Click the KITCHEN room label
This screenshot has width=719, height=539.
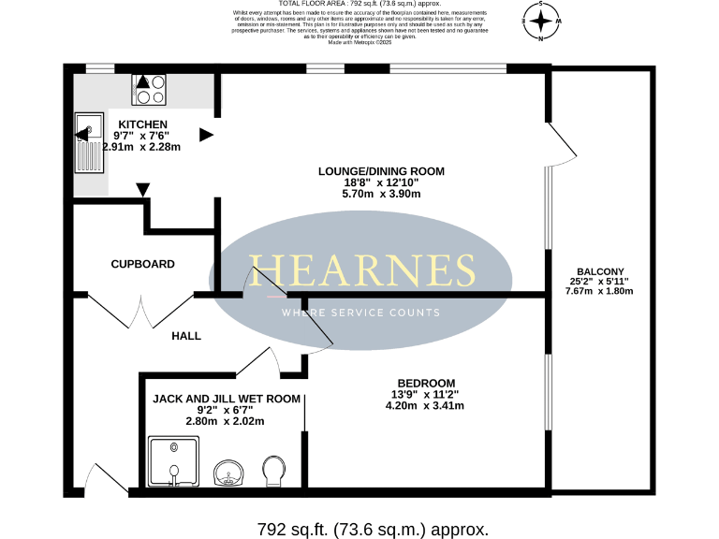click(142, 124)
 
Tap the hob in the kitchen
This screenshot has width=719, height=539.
click(149, 88)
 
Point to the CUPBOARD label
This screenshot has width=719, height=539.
click(142, 264)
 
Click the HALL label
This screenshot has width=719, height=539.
click(185, 335)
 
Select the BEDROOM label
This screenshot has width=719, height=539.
click(426, 383)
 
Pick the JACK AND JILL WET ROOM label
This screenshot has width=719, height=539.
click(227, 399)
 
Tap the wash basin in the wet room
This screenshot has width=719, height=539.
click(228, 473)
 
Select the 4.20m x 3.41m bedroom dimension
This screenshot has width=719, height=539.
click(426, 405)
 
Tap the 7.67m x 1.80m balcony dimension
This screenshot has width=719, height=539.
click(599, 291)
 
